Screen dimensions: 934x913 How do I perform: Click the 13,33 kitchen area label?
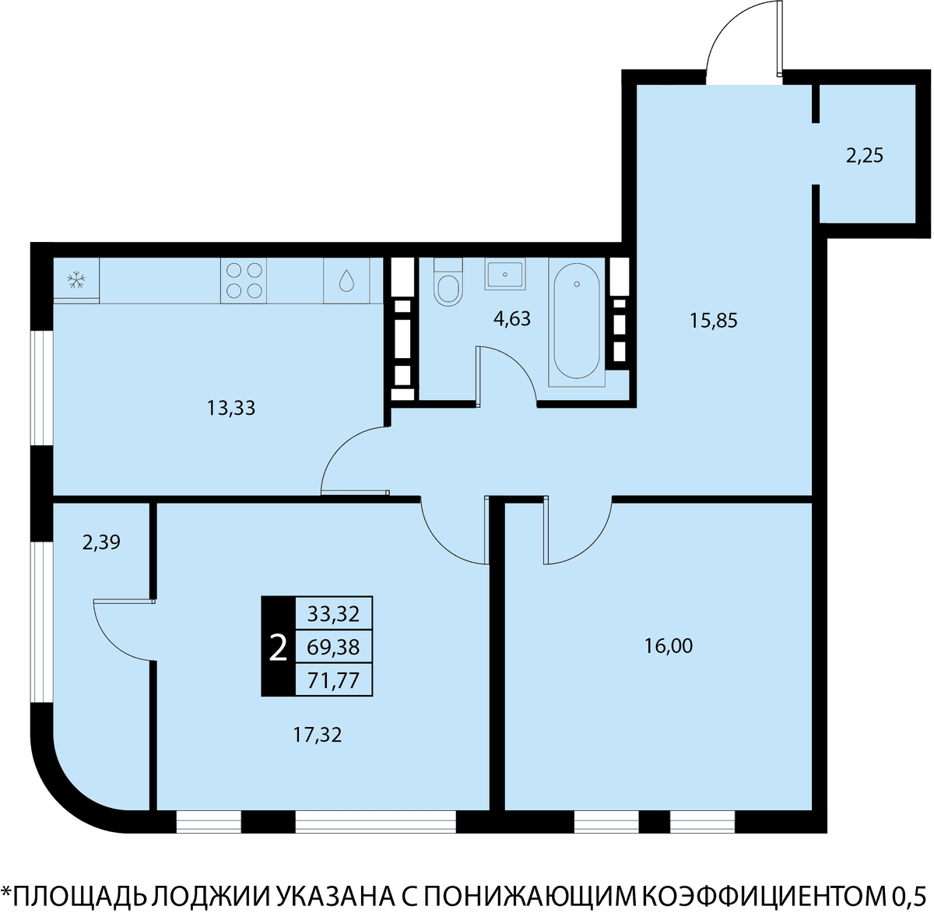pyautogui.click(x=231, y=409)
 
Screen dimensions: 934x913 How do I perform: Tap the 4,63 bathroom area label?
pyautogui.click(x=512, y=319)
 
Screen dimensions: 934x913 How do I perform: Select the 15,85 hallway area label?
pyautogui.click(x=713, y=320)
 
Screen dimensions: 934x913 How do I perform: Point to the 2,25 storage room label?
pyautogui.click(x=865, y=156)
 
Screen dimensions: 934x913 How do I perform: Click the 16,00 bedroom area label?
pyautogui.click(x=668, y=646)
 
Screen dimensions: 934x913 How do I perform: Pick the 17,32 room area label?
pyautogui.click(x=318, y=748)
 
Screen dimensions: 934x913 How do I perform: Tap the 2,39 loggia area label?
pyautogui.click(x=101, y=543)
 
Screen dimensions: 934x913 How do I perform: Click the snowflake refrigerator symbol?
pyautogui.click(x=76, y=280)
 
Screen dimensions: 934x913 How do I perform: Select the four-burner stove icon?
pyautogui.click(x=244, y=281)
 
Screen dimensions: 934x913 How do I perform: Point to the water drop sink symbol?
pyautogui.click(x=346, y=281)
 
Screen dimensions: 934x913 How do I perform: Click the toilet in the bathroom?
pyautogui.click(x=448, y=282)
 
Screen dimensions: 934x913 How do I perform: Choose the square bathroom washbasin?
pyautogui.click(x=505, y=274)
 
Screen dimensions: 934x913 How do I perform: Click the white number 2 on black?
pyautogui.click(x=278, y=647)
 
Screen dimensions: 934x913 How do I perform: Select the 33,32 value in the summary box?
pyautogui.click(x=333, y=614)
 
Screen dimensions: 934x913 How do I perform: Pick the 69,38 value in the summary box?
pyautogui.click(x=333, y=648)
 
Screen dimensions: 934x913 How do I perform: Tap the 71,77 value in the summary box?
pyautogui.click(x=333, y=681)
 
